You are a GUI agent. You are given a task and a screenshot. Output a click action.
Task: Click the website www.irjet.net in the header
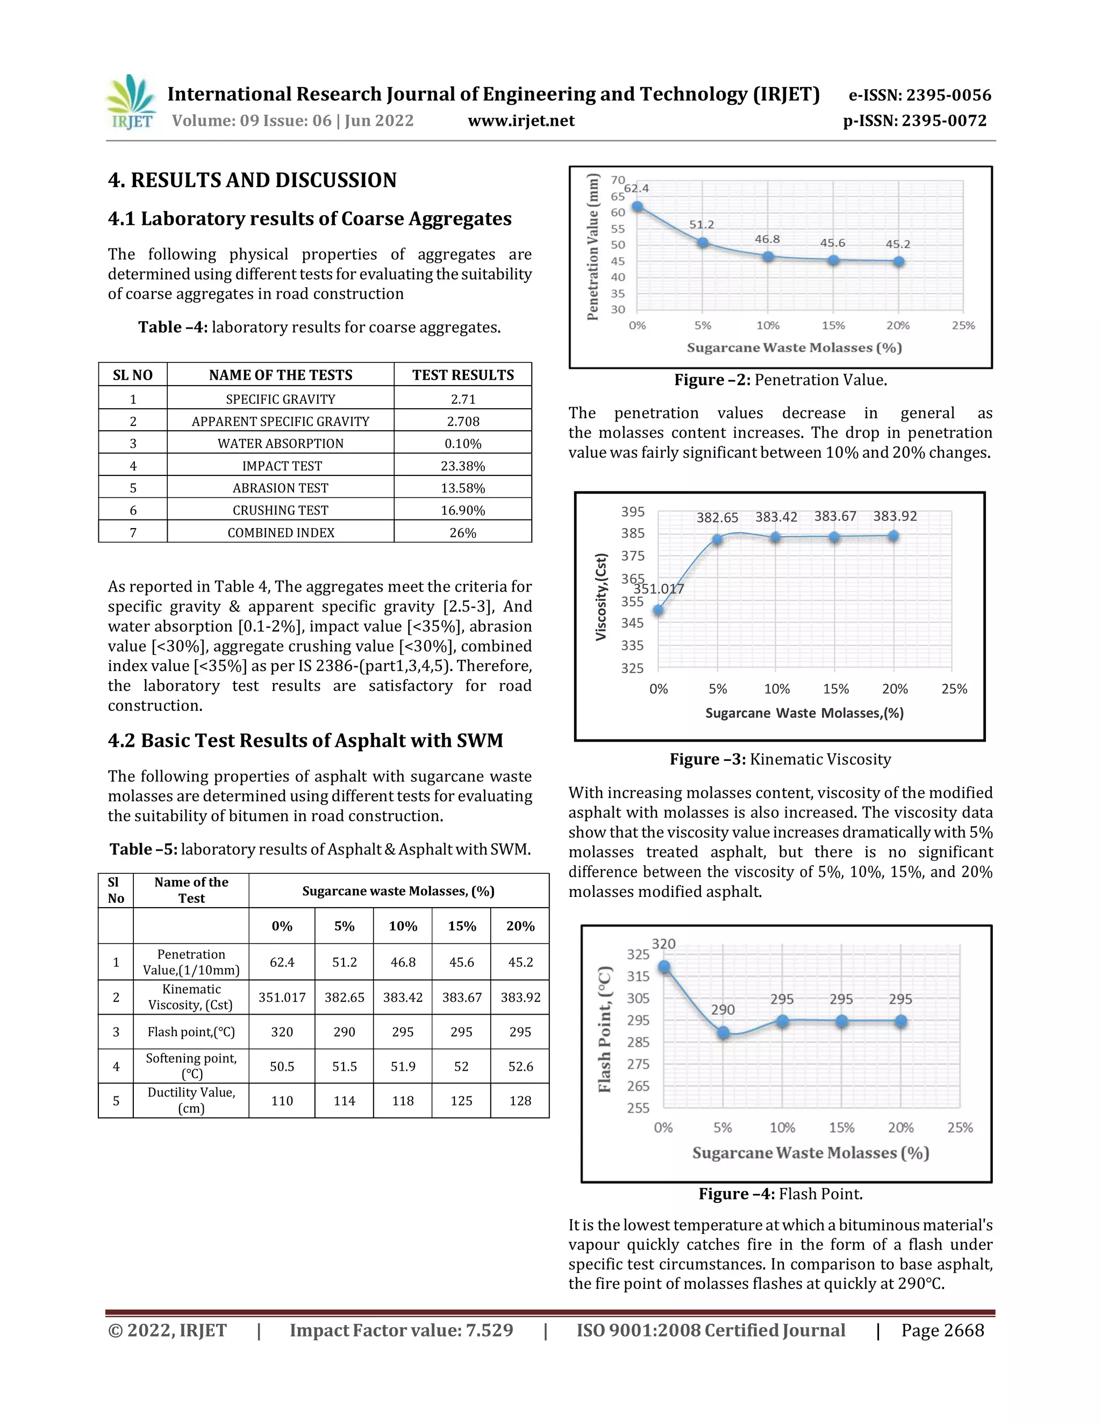point(521,120)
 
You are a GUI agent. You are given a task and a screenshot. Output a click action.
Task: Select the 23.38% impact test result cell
point(462,466)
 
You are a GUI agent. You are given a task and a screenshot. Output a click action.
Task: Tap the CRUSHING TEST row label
point(281,510)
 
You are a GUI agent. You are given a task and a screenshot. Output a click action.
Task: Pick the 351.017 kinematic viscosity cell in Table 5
point(282,997)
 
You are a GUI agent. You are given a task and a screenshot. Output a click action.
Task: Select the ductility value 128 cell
point(520,1101)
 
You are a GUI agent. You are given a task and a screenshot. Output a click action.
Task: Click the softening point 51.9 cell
point(403,1066)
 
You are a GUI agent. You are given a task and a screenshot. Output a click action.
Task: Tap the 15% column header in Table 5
point(461,926)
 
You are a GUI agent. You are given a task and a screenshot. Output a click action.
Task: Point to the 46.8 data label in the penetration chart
point(767,239)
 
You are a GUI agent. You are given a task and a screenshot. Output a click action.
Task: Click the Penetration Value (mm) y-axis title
point(592,247)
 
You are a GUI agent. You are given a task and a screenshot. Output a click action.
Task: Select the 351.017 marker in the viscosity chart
point(659,610)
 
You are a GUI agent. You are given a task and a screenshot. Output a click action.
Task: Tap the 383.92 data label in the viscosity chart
point(895,516)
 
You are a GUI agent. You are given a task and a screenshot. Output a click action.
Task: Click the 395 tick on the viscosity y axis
point(632,512)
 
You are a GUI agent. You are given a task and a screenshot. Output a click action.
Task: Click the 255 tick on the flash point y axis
point(638,1108)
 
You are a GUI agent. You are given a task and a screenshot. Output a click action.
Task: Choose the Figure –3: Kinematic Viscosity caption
point(780,759)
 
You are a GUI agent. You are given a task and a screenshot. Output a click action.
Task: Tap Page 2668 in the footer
point(942,1330)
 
